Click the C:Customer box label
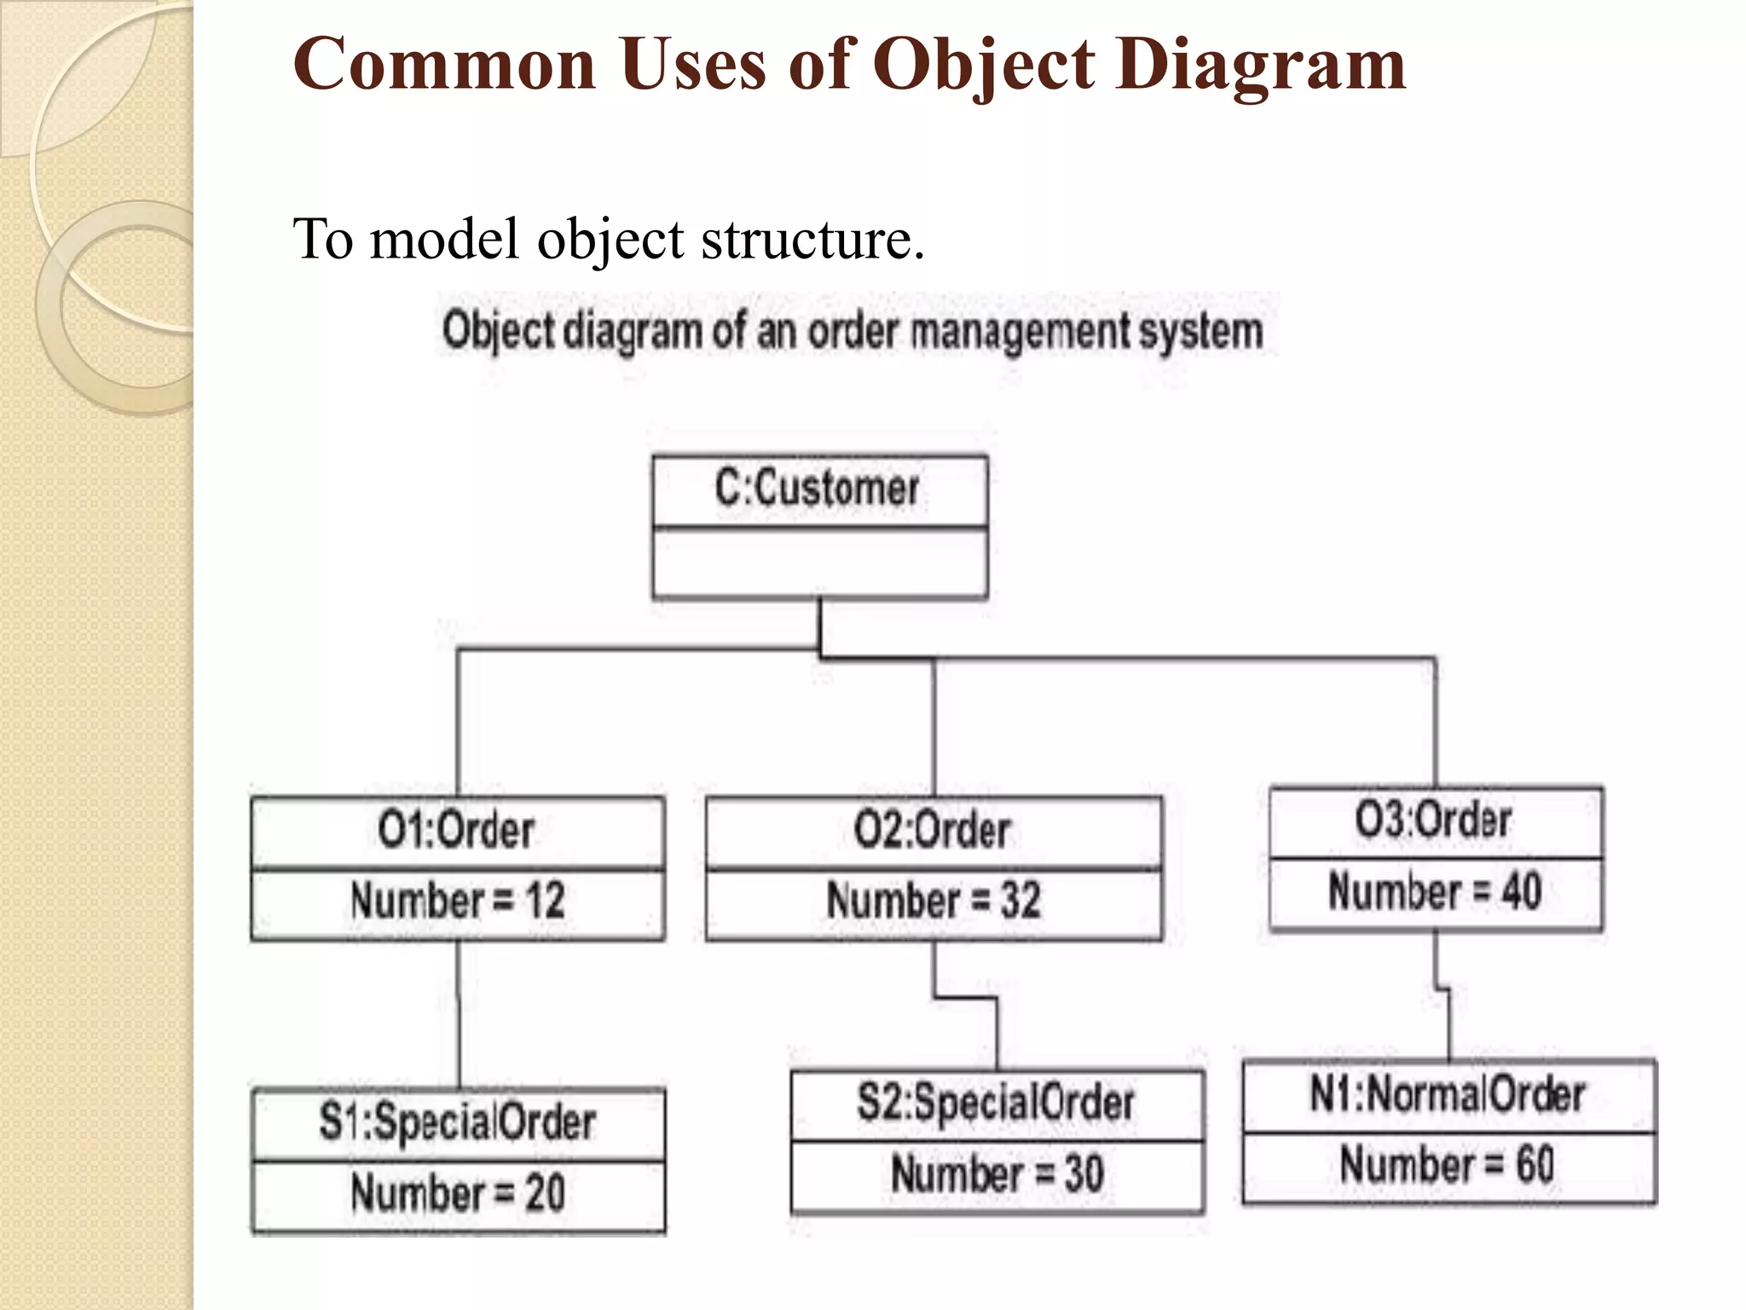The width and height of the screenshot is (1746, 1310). coord(817,490)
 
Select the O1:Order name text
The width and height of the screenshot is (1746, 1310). coord(456,831)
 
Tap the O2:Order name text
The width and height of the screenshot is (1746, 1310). coord(932,831)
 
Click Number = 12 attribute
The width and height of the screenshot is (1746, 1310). coord(458,901)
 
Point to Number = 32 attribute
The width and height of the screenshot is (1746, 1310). coord(934,901)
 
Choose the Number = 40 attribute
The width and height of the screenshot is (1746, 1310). coord(1435,892)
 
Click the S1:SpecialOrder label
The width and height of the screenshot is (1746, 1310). coord(457,1122)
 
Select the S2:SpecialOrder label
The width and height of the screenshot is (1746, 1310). coord(996,1103)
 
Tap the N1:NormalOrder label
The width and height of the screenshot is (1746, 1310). coord(1448,1095)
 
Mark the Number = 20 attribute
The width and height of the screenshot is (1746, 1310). coord(458,1194)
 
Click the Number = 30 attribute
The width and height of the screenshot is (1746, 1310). coord(997,1174)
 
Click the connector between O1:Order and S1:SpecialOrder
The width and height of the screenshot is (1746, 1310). coord(459,1015)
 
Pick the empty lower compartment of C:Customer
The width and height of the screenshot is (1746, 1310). coord(819,563)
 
